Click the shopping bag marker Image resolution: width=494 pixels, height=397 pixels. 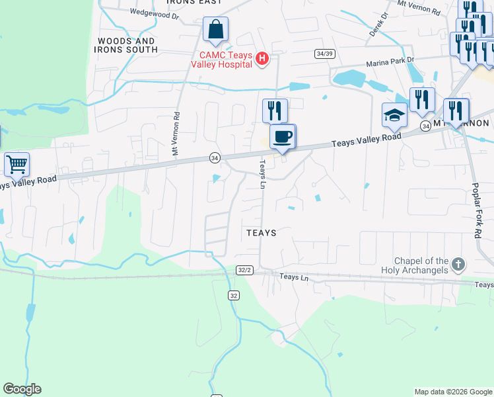tap(215, 30)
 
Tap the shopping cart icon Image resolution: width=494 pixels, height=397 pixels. tap(17, 163)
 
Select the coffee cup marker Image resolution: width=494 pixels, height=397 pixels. tap(283, 137)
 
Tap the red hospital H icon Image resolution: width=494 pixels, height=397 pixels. tap(262, 60)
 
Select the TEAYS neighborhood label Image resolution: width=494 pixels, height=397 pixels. tap(261, 233)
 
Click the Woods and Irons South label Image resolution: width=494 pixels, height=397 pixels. tap(127, 45)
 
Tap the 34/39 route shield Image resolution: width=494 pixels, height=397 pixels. tap(323, 54)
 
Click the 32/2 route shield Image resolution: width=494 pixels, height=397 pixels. tap(244, 270)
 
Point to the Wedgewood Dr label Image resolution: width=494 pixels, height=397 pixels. tap(155, 12)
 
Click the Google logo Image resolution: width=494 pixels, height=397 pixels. tap(22, 389)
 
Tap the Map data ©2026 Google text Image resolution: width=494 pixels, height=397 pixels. tap(452, 392)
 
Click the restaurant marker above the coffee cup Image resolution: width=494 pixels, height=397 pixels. tap(275, 110)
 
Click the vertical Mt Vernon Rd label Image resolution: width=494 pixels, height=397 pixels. tap(176, 133)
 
